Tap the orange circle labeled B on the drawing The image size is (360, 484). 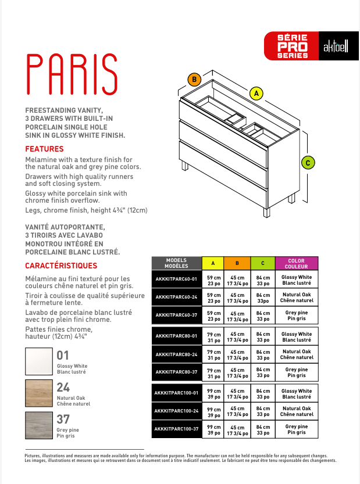[x=194, y=80]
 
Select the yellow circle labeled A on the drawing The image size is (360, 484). [x=256, y=92]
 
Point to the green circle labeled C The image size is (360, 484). [x=308, y=163]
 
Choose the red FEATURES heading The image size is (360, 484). [x=44, y=149]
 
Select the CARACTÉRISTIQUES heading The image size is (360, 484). [x=61, y=266]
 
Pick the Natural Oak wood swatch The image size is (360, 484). [x=39, y=393]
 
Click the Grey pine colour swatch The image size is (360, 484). [x=39, y=425]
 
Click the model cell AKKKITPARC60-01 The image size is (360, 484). [x=177, y=280]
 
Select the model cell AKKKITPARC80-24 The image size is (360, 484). [x=177, y=354]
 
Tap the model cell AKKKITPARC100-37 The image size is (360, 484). [x=177, y=429]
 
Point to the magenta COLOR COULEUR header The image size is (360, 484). [x=296, y=263]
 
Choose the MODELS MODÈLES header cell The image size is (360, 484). [x=177, y=263]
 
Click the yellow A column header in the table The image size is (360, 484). [x=213, y=263]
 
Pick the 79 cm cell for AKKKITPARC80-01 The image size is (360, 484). [x=213, y=337]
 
